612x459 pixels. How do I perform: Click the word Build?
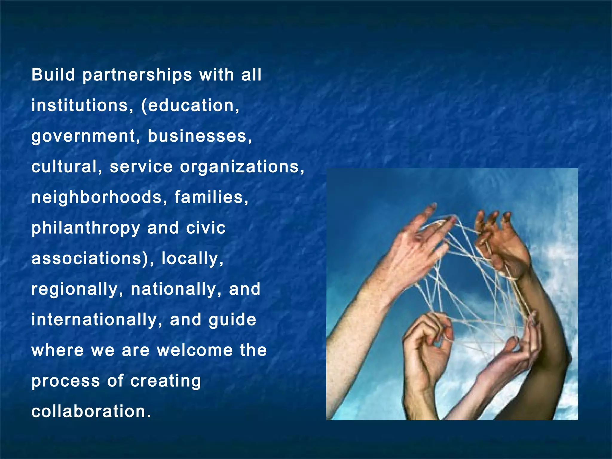53,75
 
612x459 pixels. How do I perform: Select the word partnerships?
137,75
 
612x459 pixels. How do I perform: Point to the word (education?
190,105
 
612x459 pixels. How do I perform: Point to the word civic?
206,228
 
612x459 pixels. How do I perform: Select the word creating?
166,381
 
